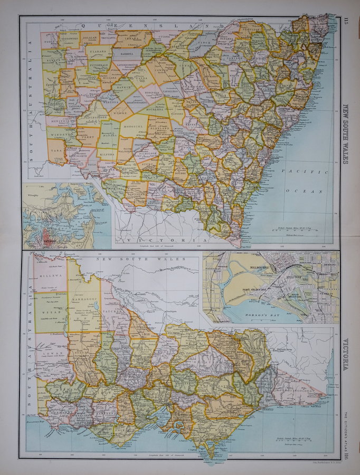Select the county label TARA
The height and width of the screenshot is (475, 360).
pyautogui.click(x=55, y=149)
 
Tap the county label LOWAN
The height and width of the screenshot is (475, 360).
pyautogui.click(x=52, y=352)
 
